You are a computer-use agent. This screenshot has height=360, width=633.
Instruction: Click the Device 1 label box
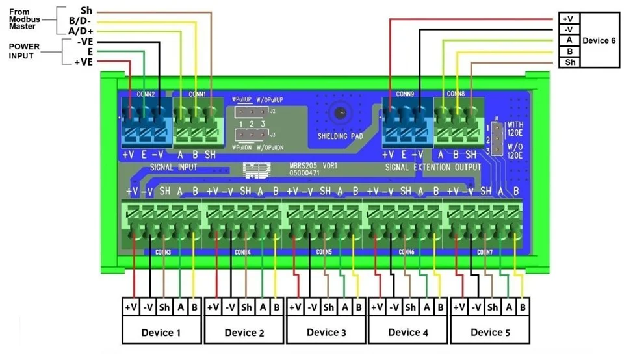[x=162, y=333]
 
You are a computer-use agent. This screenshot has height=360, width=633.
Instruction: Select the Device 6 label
[x=599, y=40]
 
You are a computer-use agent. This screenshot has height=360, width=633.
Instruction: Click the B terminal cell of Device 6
[x=569, y=51]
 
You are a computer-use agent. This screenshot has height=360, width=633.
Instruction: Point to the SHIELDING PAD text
[x=339, y=136]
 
